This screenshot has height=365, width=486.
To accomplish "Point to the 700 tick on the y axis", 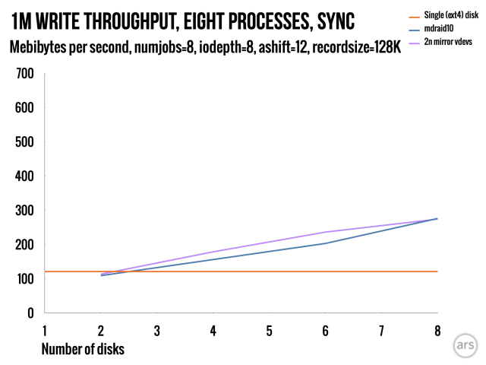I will coord(25,74).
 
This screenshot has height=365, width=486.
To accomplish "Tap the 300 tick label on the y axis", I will coord(25,211).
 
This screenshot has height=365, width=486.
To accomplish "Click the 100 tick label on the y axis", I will coord(25,279).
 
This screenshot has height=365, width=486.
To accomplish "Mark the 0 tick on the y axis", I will coord(30,313).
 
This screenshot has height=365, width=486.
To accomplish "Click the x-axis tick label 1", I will coord(45,331).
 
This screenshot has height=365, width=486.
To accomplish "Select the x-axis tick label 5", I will coord(269,331).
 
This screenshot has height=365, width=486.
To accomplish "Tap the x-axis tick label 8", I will coord(437,331).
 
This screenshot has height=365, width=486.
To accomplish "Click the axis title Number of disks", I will coord(84,349).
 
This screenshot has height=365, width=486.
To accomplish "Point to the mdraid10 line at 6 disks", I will coord(325,243).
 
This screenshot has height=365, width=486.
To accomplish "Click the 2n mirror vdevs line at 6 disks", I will coord(325,232).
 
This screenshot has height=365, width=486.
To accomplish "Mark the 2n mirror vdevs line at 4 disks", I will coord(213,252).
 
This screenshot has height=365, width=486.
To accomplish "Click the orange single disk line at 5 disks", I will coord(269,271).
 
